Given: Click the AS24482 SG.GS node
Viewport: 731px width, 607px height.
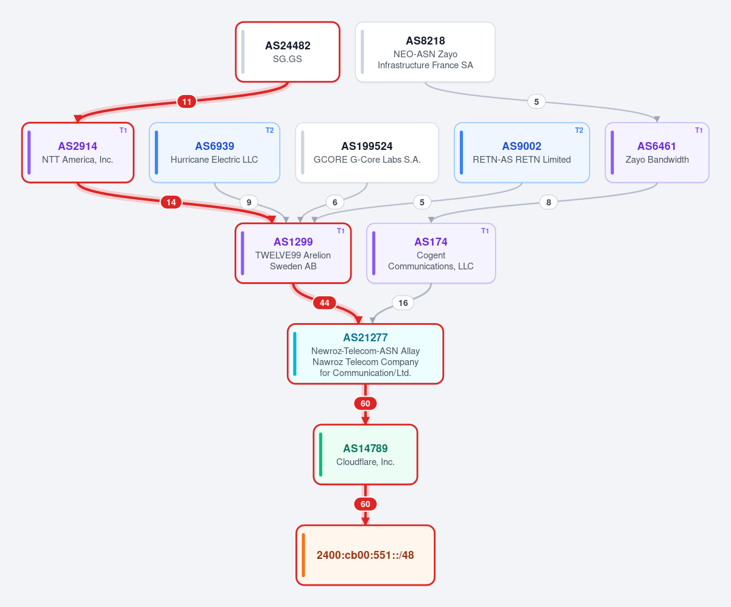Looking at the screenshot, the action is [288, 52].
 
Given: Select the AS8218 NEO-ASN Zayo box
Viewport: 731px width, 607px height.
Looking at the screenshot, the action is [425, 52].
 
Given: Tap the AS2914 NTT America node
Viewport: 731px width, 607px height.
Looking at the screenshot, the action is [78, 152].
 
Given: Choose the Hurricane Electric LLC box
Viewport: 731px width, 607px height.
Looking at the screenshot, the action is [214, 152].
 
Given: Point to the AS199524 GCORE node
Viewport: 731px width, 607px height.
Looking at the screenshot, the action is [367, 152].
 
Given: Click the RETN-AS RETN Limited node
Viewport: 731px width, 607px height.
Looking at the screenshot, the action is [521, 152].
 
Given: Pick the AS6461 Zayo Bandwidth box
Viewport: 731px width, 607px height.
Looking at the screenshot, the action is [657, 152].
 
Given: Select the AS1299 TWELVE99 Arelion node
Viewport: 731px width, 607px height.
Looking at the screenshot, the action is [293, 253].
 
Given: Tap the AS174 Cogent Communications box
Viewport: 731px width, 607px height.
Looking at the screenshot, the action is [431, 253].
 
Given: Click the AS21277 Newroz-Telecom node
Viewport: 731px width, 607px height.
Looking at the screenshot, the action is [365, 353].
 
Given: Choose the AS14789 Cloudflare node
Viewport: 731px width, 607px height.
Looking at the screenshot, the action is [365, 454].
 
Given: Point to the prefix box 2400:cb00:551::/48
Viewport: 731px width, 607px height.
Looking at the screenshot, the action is [365, 555].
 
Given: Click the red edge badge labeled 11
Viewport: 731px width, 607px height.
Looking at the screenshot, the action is [186, 102].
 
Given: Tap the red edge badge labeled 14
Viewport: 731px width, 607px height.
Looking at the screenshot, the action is [171, 202].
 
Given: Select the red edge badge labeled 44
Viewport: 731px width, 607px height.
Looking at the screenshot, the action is [324, 303].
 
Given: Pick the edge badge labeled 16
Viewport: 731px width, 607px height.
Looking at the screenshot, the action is [403, 303].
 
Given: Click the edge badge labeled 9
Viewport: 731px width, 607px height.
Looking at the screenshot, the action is [249, 202].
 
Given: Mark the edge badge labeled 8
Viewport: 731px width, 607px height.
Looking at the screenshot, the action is [548, 202].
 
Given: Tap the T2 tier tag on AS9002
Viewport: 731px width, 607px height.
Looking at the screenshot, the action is [579, 130].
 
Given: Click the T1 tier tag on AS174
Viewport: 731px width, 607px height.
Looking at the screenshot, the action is [485, 231].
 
